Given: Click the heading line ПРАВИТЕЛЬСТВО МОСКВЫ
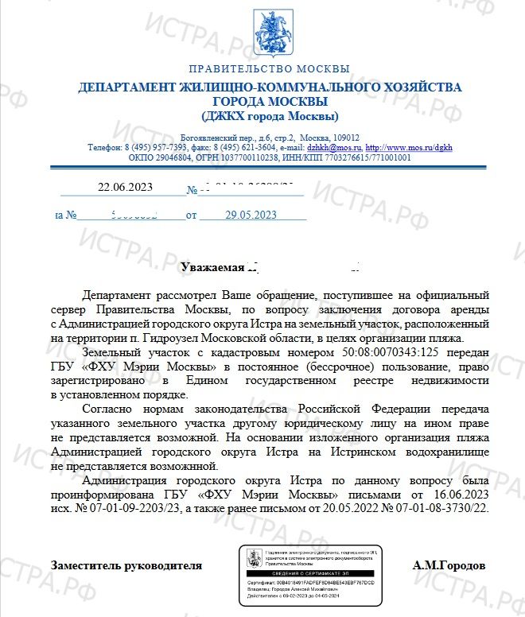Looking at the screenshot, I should tap(269, 69).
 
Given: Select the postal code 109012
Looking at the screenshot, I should tap(342, 137).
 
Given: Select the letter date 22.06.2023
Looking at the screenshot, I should tap(125, 188).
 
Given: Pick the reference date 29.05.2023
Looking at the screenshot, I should tap(251, 215).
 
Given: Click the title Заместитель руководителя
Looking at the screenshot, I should tap(126, 565).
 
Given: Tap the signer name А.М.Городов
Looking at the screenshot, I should tap(449, 565).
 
